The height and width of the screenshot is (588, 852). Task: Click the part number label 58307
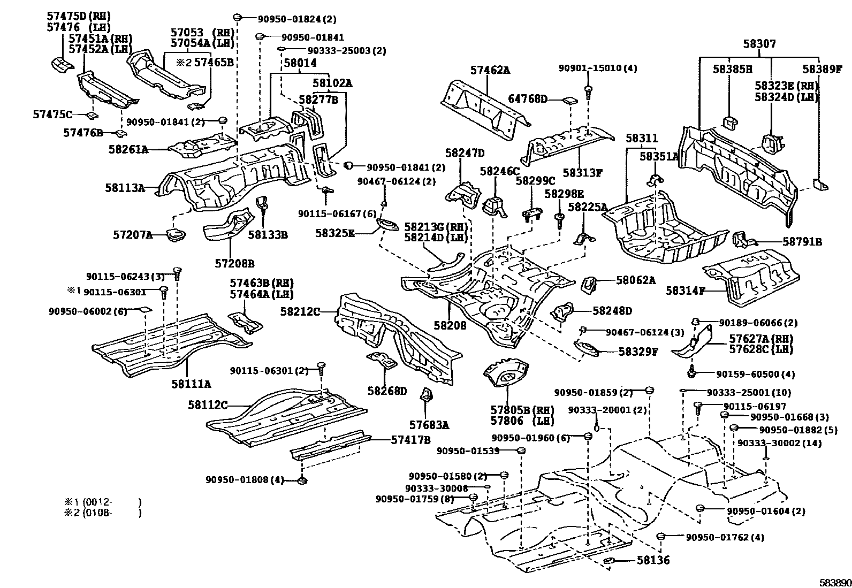tap(758, 44)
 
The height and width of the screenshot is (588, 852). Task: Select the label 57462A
tap(490, 70)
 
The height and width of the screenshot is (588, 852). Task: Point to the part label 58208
tap(450, 325)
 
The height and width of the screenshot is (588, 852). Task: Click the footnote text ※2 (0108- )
tap(103, 513)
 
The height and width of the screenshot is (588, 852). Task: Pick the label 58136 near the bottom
tap(653, 561)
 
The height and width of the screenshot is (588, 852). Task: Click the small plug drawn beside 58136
tap(610, 560)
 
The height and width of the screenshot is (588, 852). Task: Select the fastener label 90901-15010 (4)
tap(598, 68)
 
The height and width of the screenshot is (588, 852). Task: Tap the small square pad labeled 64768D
tap(569, 100)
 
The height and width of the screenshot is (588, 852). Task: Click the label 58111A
tap(191, 384)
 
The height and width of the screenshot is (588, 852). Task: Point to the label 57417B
tap(410, 440)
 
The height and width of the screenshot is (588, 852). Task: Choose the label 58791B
tap(802, 242)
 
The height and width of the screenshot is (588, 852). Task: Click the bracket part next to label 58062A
tap(590, 284)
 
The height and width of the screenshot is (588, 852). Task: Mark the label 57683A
tap(429, 425)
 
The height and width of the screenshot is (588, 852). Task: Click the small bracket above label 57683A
tap(427, 395)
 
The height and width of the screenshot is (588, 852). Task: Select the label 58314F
tap(686, 291)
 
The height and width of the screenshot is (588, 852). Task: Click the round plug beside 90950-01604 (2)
tap(699, 508)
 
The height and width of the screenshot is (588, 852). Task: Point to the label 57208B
tap(234, 263)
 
